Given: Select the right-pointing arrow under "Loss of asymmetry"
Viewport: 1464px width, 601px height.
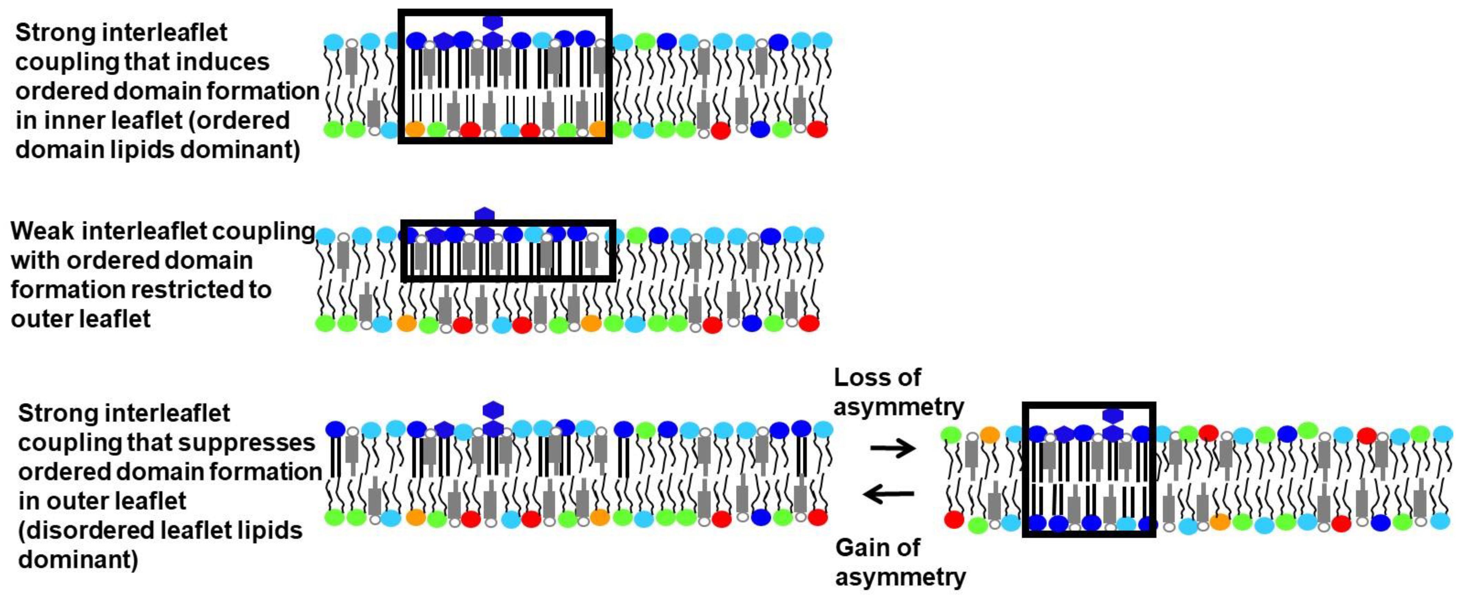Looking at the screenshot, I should point(893,449).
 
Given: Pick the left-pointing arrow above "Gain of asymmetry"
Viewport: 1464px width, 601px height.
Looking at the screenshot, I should point(889,494).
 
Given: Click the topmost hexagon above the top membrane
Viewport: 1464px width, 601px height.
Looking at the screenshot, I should point(492,22).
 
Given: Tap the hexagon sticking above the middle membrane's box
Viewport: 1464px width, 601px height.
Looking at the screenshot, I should point(484,214).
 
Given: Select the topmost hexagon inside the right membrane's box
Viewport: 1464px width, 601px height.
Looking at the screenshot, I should point(1112,415).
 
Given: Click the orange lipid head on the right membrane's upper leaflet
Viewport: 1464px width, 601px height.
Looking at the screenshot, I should point(990,435).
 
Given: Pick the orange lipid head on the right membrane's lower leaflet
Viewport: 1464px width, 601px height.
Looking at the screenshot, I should point(1220,521).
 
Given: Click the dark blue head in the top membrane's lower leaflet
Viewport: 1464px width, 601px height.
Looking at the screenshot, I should point(760,129).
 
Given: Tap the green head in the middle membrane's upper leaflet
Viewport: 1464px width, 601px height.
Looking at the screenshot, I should point(636,235).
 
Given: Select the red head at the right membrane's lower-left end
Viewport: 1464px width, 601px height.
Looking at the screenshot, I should point(954,519).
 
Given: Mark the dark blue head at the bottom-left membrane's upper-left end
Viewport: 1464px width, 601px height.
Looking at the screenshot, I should point(335,429).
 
